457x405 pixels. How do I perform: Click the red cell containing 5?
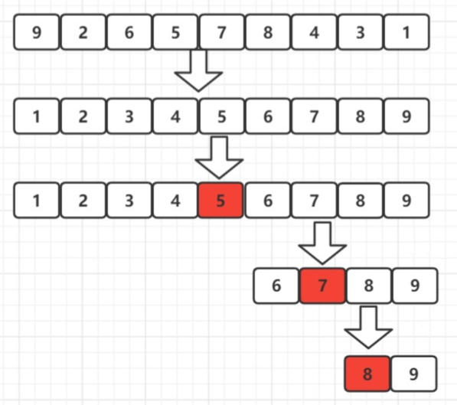click(220, 201)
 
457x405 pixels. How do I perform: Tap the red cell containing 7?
click(322, 286)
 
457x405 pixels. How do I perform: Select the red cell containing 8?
click(367, 375)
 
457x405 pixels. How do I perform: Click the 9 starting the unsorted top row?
click(37, 32)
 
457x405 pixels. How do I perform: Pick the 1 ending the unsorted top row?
click(406, 32)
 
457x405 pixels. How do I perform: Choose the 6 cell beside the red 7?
click(276, 286)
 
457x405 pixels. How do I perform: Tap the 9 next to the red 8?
click(413, 375)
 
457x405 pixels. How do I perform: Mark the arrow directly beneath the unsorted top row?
click(198, 71)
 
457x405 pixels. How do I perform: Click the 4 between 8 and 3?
click(314, 32)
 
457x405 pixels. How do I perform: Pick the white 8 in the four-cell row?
click(368, 286)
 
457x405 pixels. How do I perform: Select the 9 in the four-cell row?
click(414, 286)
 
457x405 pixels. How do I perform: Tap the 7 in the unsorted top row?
click(221, 32)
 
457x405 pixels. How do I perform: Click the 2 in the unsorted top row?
click(83, 32)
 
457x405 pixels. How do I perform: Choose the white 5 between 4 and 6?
click(221, 117)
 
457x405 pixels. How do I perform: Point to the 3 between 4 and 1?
click(360, 32)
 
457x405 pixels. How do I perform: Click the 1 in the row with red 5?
click(37, 201)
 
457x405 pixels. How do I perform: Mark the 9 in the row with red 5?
click(406, 201)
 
